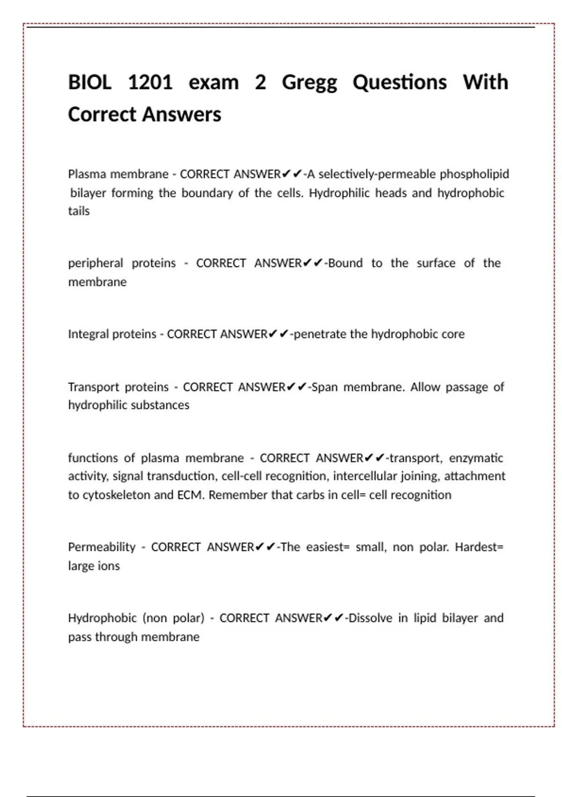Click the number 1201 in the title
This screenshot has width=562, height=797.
click(150, 83)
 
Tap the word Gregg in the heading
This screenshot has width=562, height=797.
click(309, 83)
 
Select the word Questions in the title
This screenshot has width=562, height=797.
click(399, 83)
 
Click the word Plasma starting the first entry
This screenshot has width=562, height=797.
click(87, 174)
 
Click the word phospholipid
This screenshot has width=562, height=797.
click(474, 174)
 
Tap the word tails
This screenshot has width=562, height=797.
click(79, 211)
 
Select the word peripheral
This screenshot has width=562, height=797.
click(96, 263)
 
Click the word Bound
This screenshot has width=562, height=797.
click(346, 263)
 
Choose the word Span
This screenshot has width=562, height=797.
click(325, 387)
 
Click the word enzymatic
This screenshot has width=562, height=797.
click(476, 458)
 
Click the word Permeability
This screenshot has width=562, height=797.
click(102, 547)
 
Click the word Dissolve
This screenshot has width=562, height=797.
click(370, 618)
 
